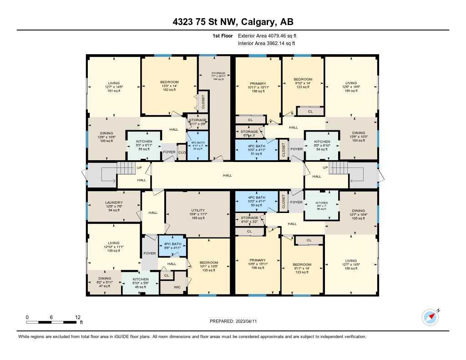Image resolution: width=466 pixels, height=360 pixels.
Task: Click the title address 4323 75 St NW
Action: [x=233, y=22]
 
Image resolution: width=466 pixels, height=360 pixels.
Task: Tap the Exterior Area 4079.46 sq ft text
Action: [x=268, y=35]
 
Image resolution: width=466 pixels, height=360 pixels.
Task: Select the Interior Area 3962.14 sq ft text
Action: [x=267, y=44]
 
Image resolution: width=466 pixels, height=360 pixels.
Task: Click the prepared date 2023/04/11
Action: [x=236, y=321]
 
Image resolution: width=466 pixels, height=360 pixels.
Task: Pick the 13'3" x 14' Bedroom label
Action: [x=169, y=86]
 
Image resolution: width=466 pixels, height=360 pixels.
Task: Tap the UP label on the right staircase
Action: [x=325, y=167]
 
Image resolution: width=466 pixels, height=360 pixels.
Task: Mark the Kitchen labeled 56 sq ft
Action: [x=322, y=206]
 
